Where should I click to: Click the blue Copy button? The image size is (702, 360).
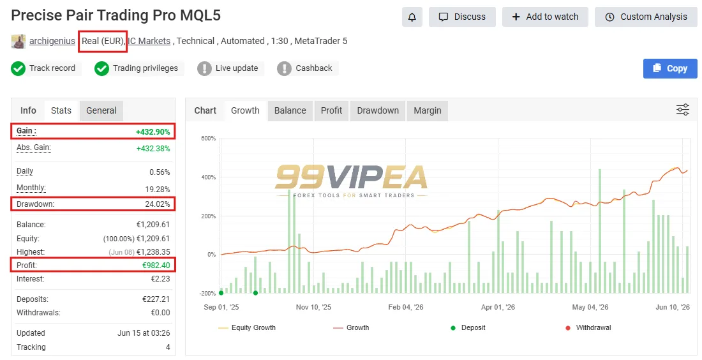pyautogui.click(x=670, y=68)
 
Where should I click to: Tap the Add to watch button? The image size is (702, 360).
pyautogui.click(x=545, y=17)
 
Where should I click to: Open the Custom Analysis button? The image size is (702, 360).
pyautogui.click(x=646, y=17)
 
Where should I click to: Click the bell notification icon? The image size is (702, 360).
pyautogui.click(x=412, y=17)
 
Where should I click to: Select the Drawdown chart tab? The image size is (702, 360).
pyautogui.click(x=378, y=110)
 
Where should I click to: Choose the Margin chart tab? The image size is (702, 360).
pyautogui.click(x=428, y=110)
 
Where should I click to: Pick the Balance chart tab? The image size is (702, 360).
pyautogui.click(x=290, y=110)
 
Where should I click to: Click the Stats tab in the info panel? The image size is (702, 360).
pyautogui.click(x=61, y=110)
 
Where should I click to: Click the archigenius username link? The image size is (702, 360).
pyautogui.click(x=52, y=41)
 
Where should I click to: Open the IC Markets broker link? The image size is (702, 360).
pyautogui.click(x=149, y=41)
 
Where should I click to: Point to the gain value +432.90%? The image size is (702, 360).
pyautogui.click(x=153, y=132)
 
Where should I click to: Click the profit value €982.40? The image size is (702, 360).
pyautogui.click(x=156, y=265)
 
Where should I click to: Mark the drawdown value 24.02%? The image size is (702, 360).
pyautogui.click(x=158, y=204)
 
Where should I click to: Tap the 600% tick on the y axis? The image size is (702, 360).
pyautogui.click(x=208, y=139)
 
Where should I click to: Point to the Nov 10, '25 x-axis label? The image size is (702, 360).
pyautogui.click(x=313, y=307)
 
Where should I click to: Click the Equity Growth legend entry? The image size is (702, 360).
pyautogui.click(x=247, y=327)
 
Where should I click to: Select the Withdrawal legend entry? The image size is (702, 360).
pyautogui.click(x=588, y=327)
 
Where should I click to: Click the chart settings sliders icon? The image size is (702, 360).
pyautogui.click(x=683, y=110)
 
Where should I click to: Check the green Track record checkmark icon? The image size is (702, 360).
pyautogui.click(x=18, y=68)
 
